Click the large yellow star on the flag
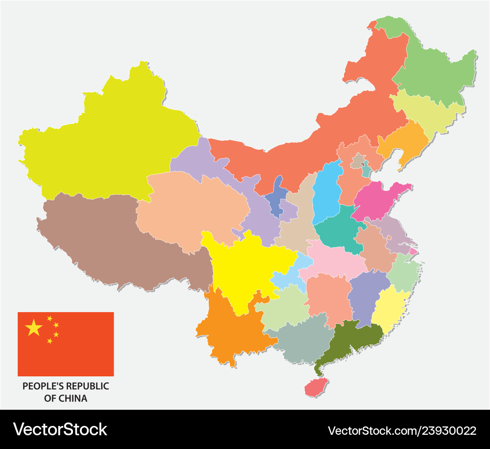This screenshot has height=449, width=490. pyautogui.click(x=34, y=327)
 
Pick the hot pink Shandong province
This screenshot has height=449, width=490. pyautogui.click(x=377, y=200)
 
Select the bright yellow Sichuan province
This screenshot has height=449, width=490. pyautogui.click(x=243, y=270)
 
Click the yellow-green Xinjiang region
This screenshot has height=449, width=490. pyautogui.click(x=108, y=142)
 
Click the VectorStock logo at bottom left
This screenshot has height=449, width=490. pyautogui.click(x=60, y=429)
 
